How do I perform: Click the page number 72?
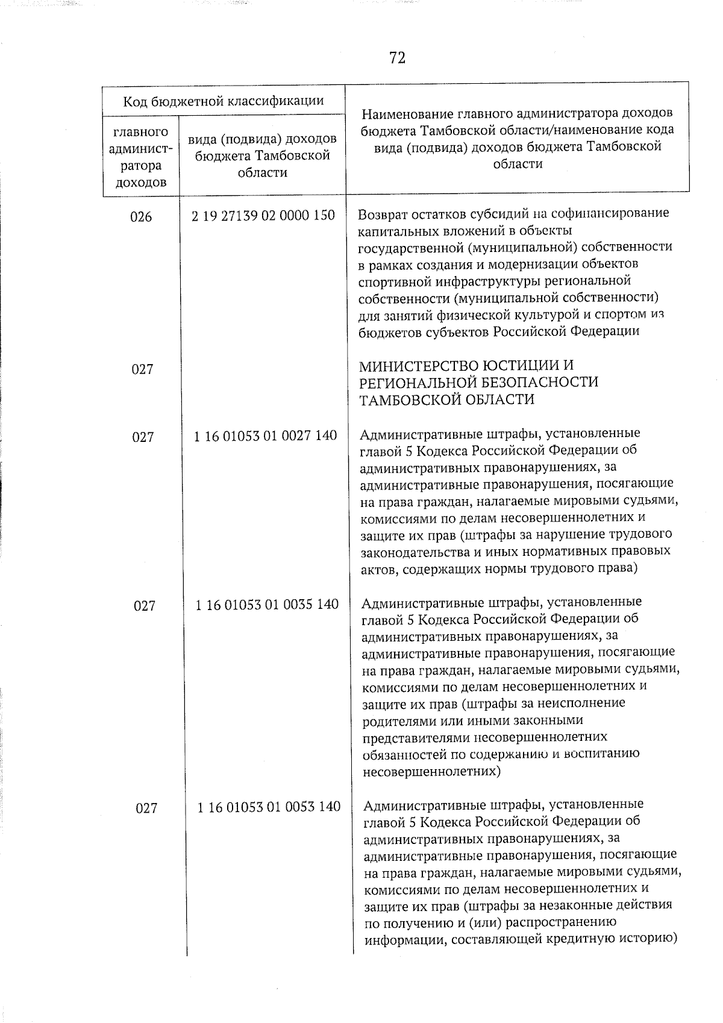tap(397, 58)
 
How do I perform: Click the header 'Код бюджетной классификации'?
tap(224, 101)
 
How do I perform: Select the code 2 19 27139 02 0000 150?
tap(263, 215)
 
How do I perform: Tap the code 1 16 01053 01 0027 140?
tap(265, 435)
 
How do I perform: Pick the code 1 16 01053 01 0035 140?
tap(267, 604)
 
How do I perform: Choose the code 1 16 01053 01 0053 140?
tap(269, 807)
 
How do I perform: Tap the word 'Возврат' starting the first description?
tap(382, 214)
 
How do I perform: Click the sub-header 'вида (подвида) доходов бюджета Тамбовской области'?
tap(262, 156)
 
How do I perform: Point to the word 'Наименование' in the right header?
tap(407, 113)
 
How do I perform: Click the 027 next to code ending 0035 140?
tap(145, 606)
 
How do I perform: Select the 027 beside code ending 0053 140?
tap(146, 808)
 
